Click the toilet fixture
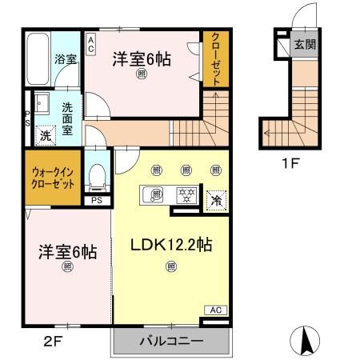tap(98, 174)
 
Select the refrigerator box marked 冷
tap(215, 201)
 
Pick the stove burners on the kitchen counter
tap(186, 194)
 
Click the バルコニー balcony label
tap(171, 342)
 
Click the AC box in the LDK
tap(215, 310)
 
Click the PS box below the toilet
tap(96, 201)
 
